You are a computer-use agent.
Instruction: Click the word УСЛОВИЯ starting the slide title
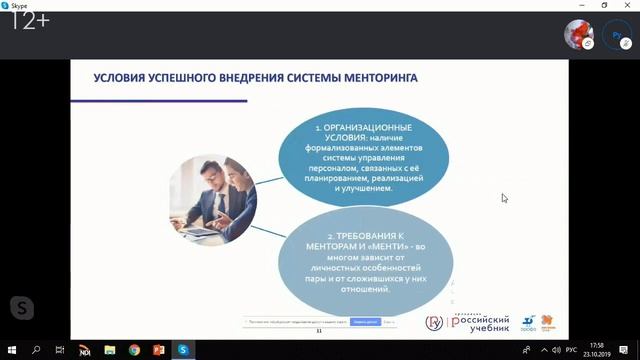point(122,76)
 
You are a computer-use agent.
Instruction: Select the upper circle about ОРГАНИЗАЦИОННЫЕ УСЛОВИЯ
point(364,155)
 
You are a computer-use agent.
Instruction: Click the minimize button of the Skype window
point(581,5)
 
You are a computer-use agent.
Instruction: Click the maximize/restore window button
point(605,5)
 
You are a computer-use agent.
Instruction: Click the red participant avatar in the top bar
point(579,34)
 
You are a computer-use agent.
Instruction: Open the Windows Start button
point(11,350)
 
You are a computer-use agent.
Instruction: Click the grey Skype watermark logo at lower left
point(21,307)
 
